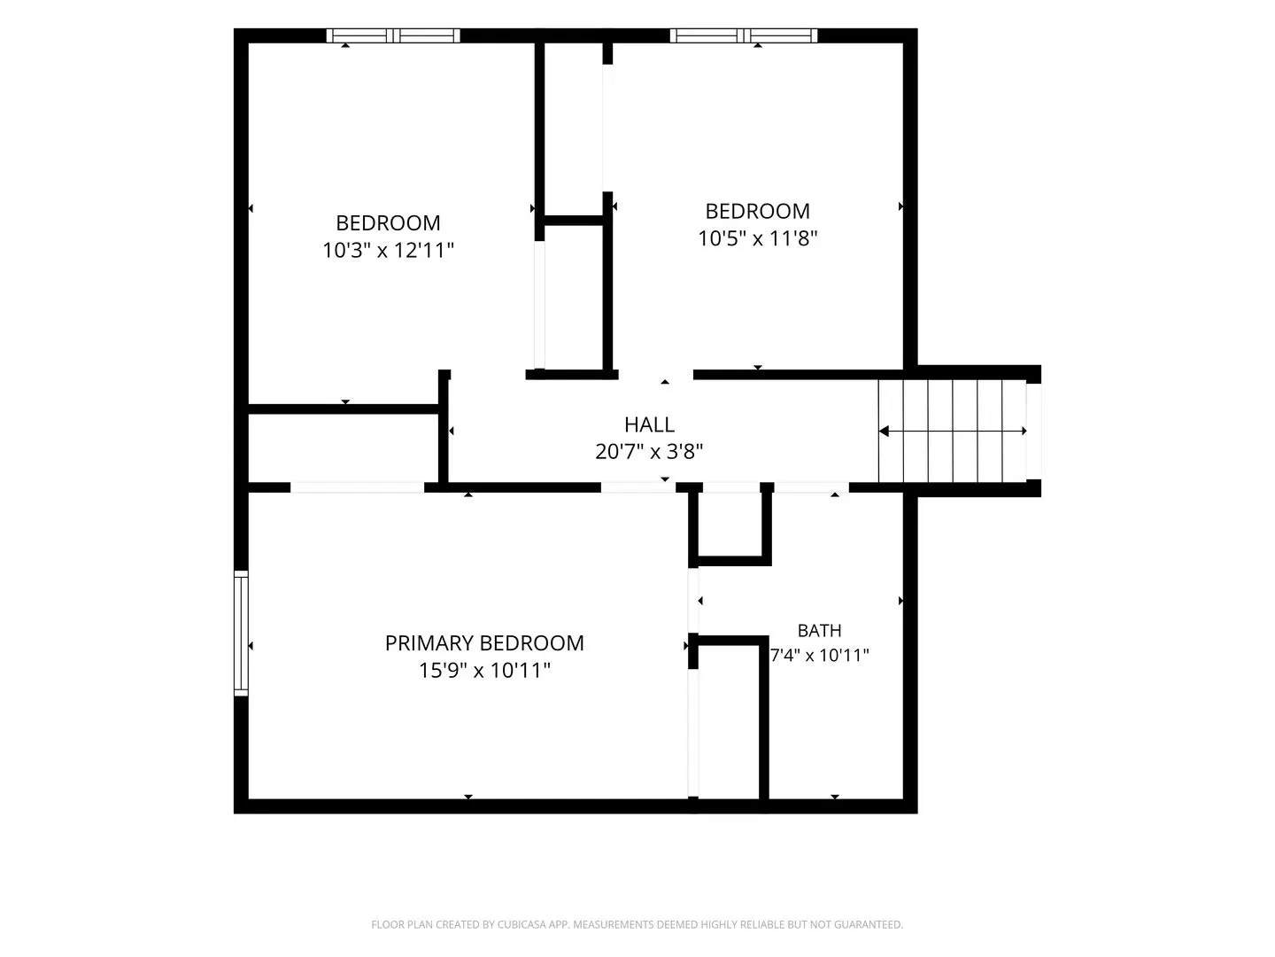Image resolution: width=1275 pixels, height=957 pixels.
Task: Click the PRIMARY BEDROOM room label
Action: pos(483,642)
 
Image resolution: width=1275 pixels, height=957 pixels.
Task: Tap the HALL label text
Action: pos(649,424)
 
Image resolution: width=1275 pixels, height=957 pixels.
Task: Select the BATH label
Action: pos(819,630)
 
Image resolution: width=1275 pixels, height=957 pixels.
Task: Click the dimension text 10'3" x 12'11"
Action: pos(388,251)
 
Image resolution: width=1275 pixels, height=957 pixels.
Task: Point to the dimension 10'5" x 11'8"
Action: pos(757,238)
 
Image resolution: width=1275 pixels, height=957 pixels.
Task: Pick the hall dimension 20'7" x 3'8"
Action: pos(649,452)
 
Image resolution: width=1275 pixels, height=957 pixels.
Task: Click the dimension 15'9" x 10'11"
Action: pos(483,671)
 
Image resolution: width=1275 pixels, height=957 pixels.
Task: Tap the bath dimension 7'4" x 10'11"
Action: pos(819,656)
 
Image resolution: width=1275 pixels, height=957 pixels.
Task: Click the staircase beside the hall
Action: pos(952,431)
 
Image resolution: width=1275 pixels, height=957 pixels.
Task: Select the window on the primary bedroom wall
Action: pos(241,633)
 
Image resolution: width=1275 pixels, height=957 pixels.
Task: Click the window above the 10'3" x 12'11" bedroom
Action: pos(393,35)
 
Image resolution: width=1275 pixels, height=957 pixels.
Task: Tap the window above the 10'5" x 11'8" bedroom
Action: pos(744,35)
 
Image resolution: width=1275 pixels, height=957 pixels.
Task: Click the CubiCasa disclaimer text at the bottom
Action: pos(637,924)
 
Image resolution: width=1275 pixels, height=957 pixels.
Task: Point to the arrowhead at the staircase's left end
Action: pos(884,431)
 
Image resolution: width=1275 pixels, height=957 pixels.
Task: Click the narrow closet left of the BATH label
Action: pos(729,721)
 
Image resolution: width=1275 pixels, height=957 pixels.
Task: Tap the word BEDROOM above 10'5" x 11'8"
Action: pos(757,211)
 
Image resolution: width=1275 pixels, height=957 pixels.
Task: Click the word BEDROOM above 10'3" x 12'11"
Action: pos(388,223)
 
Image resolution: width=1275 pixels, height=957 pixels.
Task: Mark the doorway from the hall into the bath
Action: pos(811,487)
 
